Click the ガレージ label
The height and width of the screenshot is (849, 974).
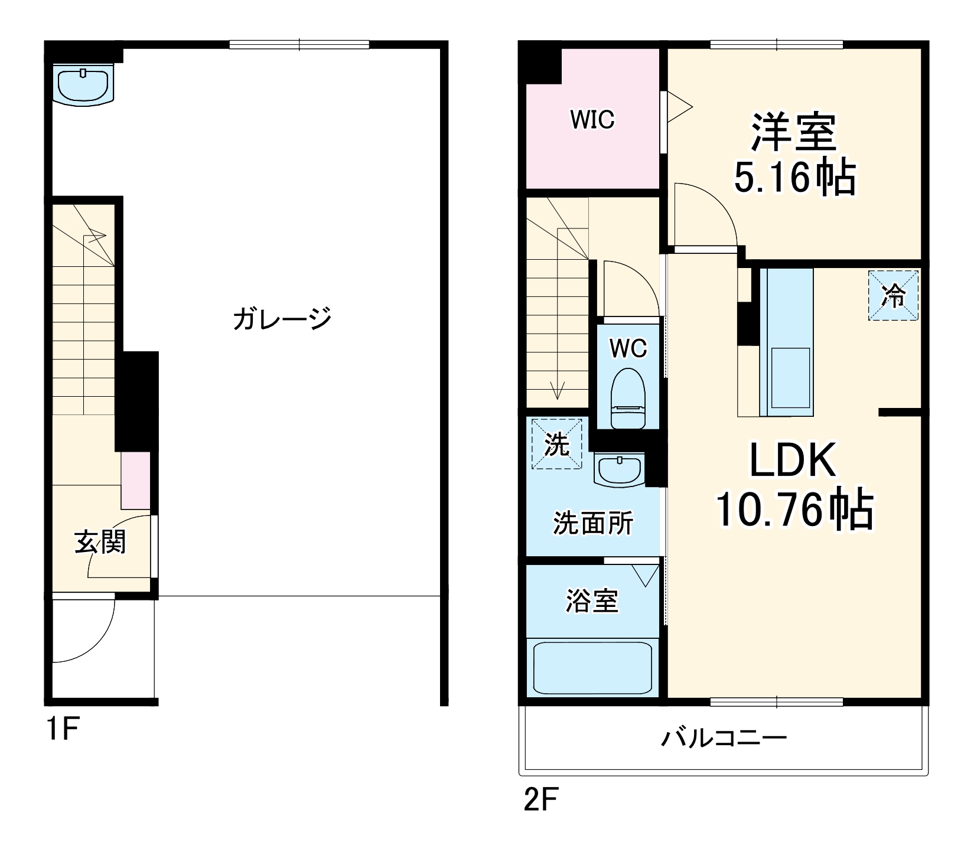point(282,319)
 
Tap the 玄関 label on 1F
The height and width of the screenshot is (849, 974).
point(100,542)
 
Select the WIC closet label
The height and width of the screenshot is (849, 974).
point(592,120)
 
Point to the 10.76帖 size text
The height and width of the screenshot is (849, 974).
point(794,510)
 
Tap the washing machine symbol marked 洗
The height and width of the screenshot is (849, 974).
point(556,444)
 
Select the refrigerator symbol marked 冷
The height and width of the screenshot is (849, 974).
point(893,296)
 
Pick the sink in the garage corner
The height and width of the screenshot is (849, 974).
point(84,84)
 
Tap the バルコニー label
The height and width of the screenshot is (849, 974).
point(724,738)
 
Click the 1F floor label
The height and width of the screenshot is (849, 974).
point(62,730)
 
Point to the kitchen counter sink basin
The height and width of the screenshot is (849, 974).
point(790,376)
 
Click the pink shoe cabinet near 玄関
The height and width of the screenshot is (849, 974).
point(135,480)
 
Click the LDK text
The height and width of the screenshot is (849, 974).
point(793,461)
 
